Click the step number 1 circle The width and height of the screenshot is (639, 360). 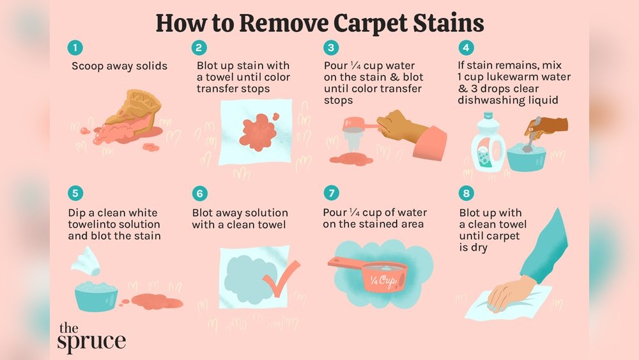click(x=75, y=48)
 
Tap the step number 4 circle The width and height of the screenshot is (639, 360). click(x=466, y=48)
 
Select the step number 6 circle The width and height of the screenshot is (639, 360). click(x=199, y=193)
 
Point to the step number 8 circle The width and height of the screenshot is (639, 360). click(x=466, y=193)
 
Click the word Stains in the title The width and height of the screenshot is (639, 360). click(x=449, y=22)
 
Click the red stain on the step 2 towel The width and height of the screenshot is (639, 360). click(x=259, y=131)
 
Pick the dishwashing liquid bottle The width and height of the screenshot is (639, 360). click(x=488, y=142)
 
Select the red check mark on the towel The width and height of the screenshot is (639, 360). click(x=281, y=278)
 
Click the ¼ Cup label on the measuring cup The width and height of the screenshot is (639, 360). click(x=383, y=281)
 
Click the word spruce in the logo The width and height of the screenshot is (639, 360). click(x=91, y=341)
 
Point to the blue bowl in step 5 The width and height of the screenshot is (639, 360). click(x=96, y=297)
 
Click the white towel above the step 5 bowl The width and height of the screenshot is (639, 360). click(x=86, y=261)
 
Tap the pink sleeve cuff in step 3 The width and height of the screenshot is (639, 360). click(x=429, y=143)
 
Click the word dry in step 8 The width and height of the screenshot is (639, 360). click(x=478, y=248)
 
